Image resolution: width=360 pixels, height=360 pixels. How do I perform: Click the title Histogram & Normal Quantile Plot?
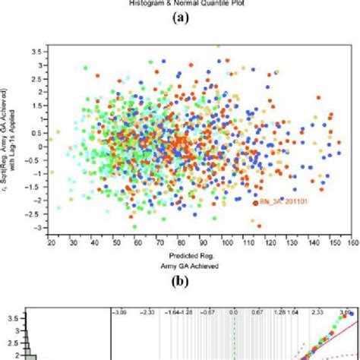click(180, 4)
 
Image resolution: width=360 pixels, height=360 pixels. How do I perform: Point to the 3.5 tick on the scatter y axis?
click(36, 51)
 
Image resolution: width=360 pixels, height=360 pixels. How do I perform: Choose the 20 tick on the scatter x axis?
click(50, 243)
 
